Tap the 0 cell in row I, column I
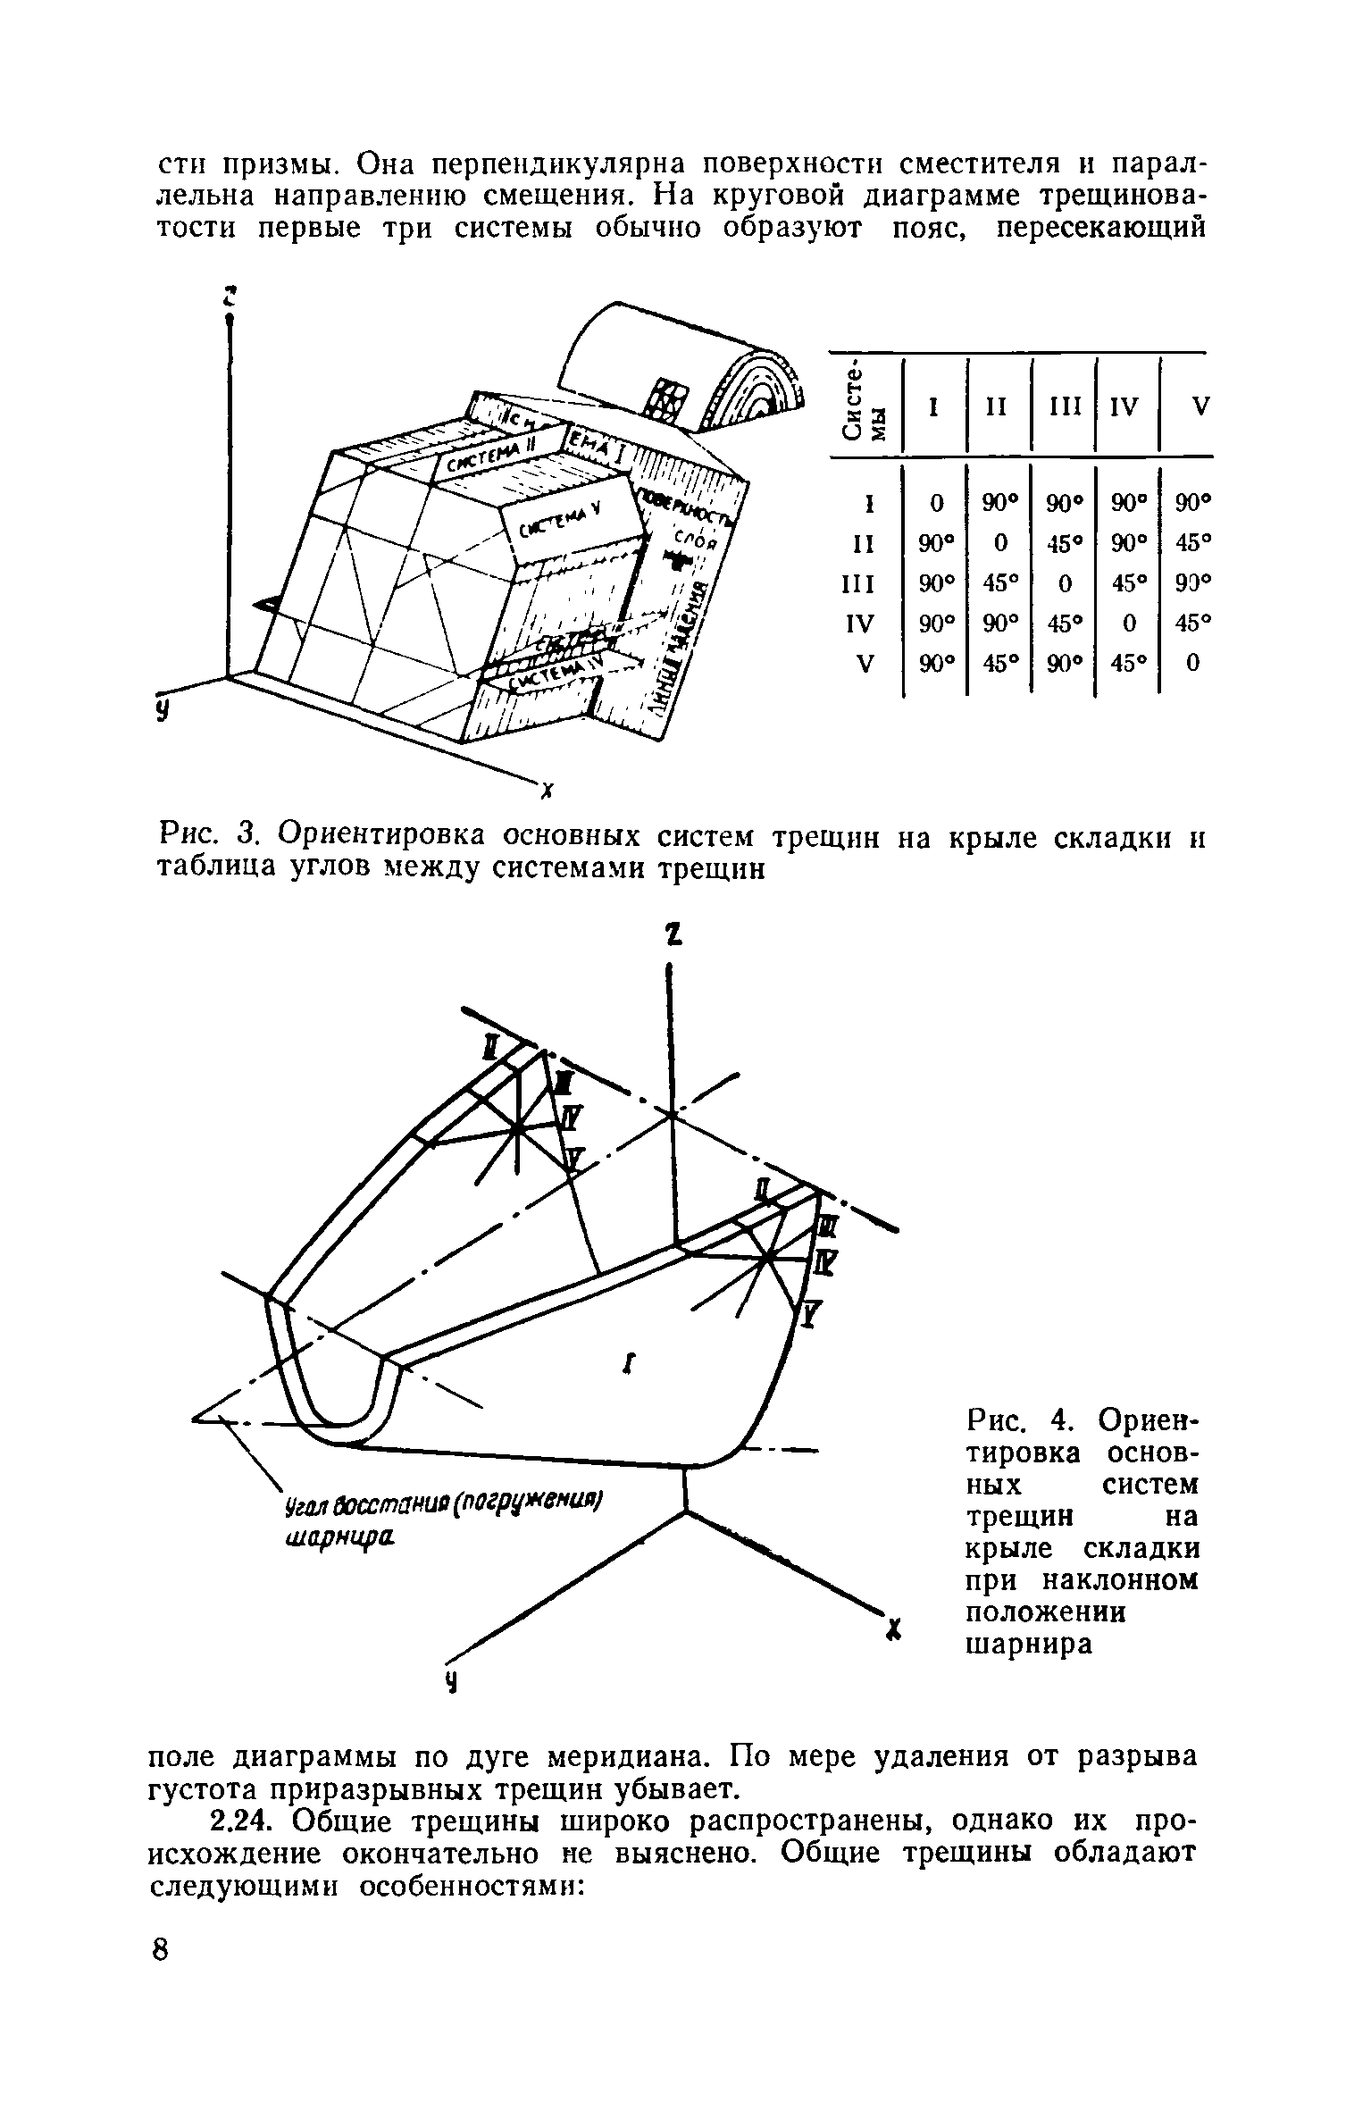pos(935,504)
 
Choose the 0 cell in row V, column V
pos(1192,662)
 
